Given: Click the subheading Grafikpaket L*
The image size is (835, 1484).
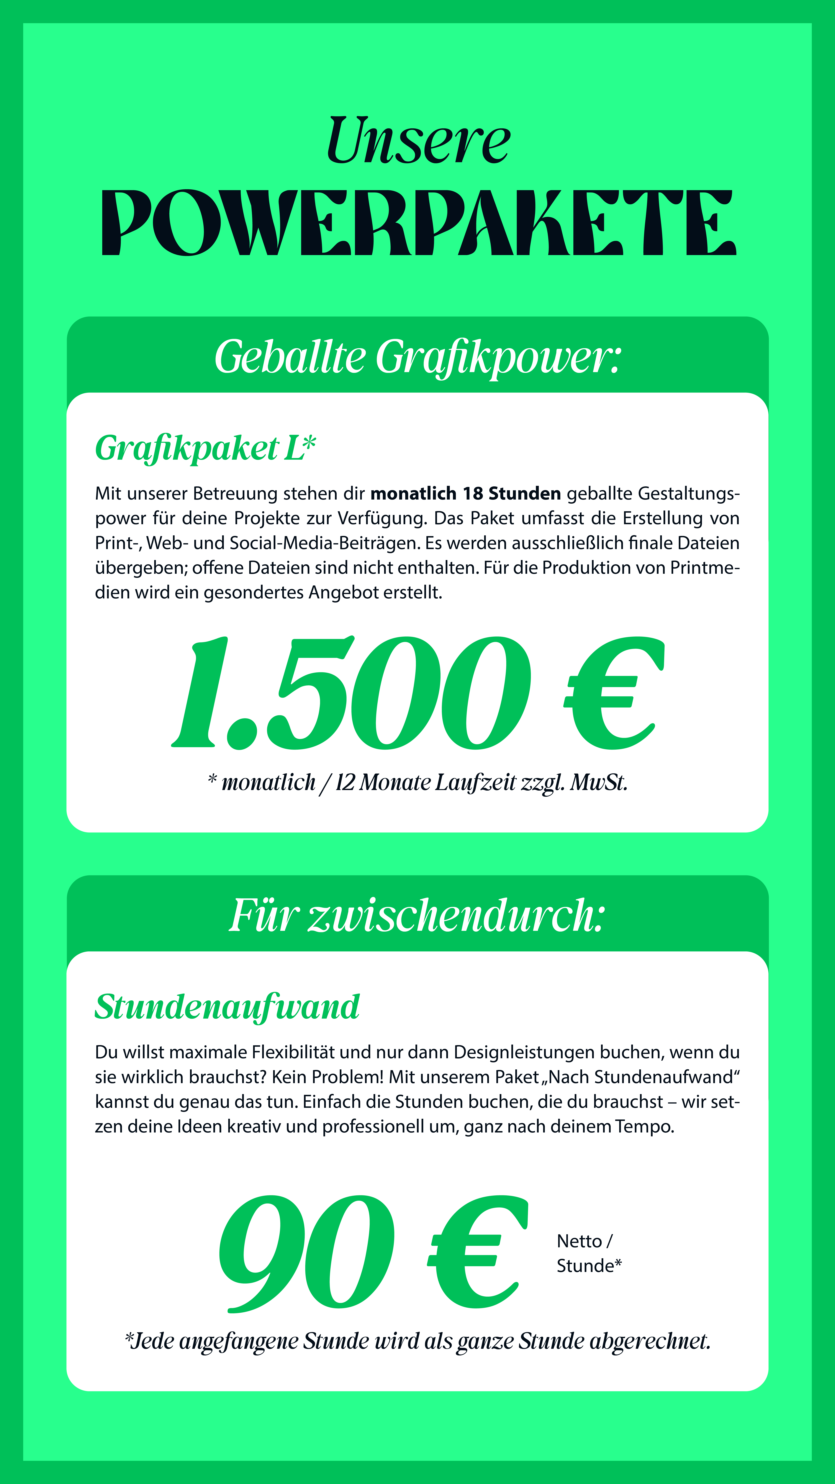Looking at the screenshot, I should (x=205, y=448).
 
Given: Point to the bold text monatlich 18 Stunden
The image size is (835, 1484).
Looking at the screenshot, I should (x=465, y=494).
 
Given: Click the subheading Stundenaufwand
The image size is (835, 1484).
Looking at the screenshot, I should (x=227, y=1007).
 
